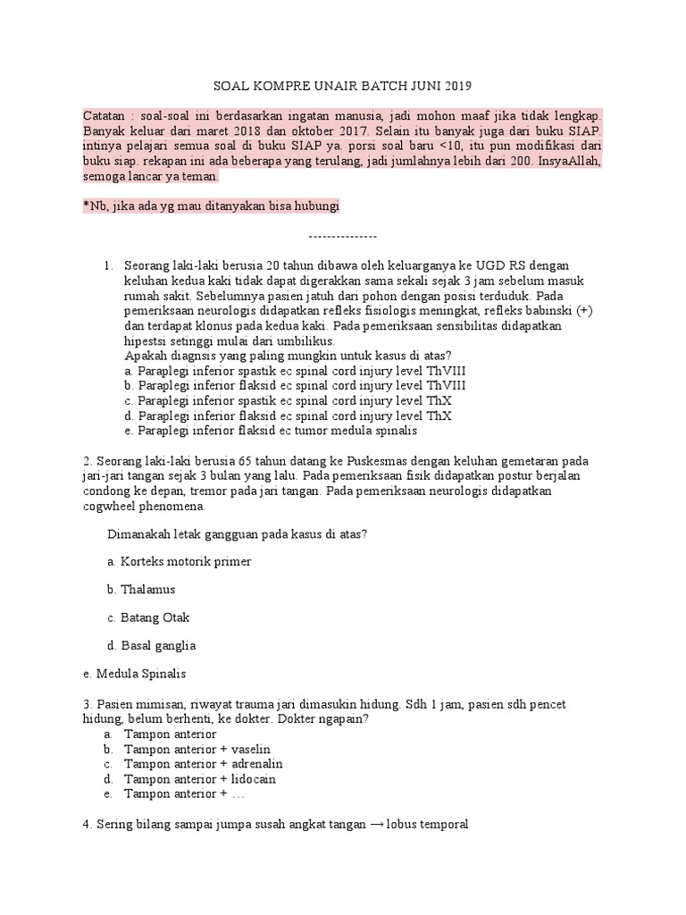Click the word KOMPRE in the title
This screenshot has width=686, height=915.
(x=274, y=87)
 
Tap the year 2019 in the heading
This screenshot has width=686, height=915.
(x=454, y=87)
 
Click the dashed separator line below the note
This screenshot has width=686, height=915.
(x=343, y=236)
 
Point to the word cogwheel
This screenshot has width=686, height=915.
(x=110, y=506)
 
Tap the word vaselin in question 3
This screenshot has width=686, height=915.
(x=251, y=749)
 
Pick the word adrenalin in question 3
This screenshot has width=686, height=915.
(x=256, y=764)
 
